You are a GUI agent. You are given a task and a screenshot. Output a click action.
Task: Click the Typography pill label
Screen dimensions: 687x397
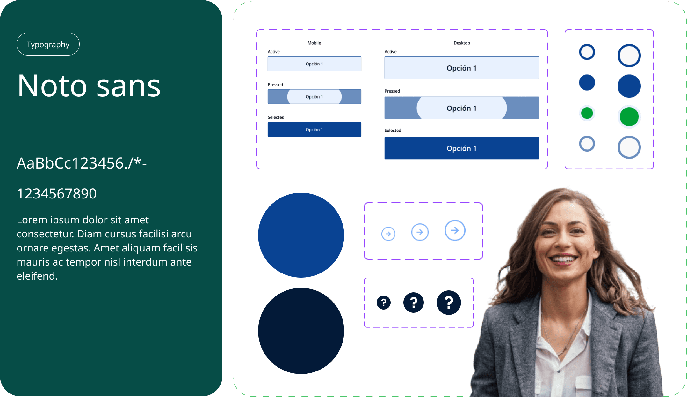pos(48,44)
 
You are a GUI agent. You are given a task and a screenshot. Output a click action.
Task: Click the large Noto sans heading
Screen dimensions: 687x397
pos(89,86)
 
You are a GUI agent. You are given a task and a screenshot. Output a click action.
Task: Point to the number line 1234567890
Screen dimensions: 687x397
pos(57,193)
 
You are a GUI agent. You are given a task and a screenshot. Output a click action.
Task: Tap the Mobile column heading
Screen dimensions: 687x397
pos(314,43)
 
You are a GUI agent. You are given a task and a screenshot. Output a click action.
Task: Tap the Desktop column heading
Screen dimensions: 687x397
pos(462,43)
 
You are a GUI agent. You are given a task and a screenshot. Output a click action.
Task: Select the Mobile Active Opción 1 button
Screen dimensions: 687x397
pos(314,64)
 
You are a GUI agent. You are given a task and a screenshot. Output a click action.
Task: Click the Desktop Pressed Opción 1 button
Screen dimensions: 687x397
pos(461,108)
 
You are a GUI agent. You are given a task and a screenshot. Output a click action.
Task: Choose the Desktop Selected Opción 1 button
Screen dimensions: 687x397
pos(461,148)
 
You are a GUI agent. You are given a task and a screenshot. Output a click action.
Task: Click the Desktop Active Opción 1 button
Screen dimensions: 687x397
pos(461,68)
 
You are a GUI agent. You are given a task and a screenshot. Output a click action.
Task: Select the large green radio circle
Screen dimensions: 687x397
pos(629,117)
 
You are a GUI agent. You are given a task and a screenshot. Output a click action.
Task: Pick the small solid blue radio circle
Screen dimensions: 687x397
pos(587,83)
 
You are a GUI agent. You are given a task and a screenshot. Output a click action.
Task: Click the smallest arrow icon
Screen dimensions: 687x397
pos(388,234)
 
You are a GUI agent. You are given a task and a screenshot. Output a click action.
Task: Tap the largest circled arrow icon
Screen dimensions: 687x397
pos(455,230)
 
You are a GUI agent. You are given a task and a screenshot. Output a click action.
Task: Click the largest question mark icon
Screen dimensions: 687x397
pos(449,303)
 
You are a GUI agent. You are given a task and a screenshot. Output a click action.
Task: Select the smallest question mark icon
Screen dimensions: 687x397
pos(384,303)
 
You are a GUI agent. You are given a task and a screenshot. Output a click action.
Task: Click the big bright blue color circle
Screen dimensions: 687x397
pos(301,235)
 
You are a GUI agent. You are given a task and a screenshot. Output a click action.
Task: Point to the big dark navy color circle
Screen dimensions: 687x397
pos(301,331)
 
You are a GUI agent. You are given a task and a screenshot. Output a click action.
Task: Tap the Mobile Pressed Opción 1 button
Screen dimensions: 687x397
pos(314,97)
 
